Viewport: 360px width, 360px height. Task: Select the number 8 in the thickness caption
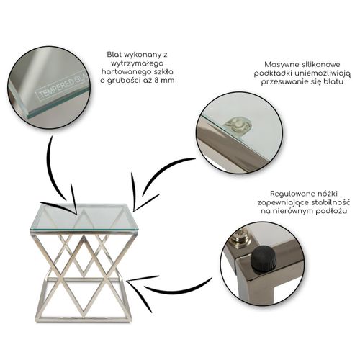point(156,81)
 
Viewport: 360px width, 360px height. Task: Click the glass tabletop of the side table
point(84,217)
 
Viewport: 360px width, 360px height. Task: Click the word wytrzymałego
point(134,63)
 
